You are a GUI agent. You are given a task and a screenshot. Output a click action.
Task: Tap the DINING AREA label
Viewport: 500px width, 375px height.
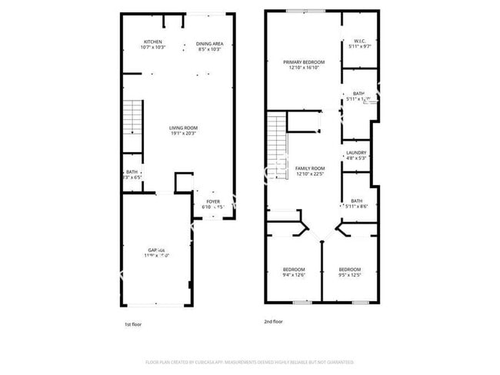point(208,44)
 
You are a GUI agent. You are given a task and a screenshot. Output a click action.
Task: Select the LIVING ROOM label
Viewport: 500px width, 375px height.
point(184,128)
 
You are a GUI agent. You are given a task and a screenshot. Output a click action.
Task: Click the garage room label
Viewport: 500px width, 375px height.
point(158,251)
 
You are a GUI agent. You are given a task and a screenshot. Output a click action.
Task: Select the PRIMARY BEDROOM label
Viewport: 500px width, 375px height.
point(303,62)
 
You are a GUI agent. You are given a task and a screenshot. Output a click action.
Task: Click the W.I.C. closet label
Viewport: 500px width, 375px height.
point(359,41)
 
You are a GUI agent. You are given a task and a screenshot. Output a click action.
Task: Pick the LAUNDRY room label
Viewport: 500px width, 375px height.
point(355,152)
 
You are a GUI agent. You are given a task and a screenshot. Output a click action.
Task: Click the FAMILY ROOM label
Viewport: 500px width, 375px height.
point(311,168)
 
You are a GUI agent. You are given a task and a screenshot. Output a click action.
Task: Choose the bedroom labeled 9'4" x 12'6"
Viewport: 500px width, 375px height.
point(295,269)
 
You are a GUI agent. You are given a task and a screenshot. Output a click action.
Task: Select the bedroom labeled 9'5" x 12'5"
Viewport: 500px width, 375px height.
point(350,269)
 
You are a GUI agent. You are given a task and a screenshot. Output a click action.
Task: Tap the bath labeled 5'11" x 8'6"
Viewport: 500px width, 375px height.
point(356,201)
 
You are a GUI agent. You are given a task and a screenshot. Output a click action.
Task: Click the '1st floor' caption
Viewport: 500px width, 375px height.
point(132,324)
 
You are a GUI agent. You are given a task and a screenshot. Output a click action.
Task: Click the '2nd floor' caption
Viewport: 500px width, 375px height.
point(274,322)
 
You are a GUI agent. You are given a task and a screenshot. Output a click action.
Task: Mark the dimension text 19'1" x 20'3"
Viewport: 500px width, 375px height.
point(184,133)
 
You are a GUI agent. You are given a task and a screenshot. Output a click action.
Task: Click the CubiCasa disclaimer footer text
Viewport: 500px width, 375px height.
point(249,362)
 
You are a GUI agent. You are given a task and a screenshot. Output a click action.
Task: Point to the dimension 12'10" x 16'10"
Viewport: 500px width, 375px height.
point(303,68)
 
